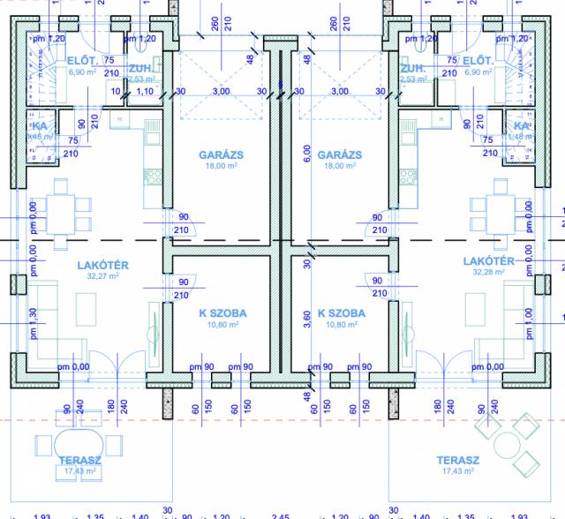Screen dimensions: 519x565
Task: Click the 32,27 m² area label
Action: click(x=103, y=276)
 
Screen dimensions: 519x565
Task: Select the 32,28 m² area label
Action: click(x=488, y=273)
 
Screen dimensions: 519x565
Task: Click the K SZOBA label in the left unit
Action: click(x=222, y=313)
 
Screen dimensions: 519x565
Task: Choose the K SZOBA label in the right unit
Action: click(x=341, y=313)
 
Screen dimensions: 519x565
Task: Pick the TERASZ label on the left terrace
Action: click(x=79, y=461)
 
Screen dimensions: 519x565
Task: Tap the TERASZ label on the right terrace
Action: click(x=458, y=461)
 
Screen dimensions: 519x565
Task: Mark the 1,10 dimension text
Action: click(x=146, y=91)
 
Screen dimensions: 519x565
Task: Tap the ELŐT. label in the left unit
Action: click(x=81, y=60)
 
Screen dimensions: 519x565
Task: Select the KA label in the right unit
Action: click(x=522, y=127)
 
